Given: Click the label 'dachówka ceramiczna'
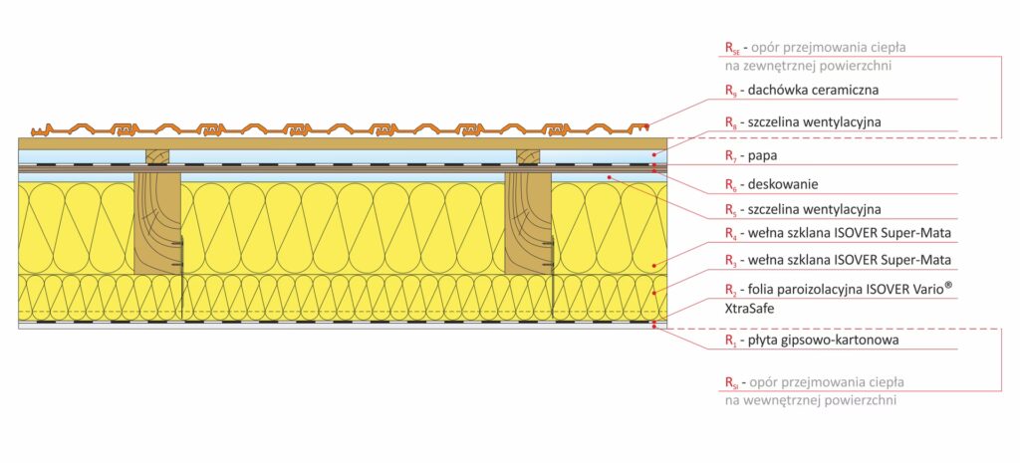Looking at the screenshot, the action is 813,90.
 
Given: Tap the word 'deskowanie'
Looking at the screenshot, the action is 783,184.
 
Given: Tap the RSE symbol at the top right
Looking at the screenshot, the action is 732,48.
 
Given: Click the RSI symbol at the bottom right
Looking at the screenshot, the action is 732,382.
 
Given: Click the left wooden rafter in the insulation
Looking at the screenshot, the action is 157,223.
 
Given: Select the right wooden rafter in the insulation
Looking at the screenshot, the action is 528,223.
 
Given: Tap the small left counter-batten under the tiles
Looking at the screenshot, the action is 156,156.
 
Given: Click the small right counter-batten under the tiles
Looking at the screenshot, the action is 528,156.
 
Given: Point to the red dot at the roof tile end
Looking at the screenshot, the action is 647,126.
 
